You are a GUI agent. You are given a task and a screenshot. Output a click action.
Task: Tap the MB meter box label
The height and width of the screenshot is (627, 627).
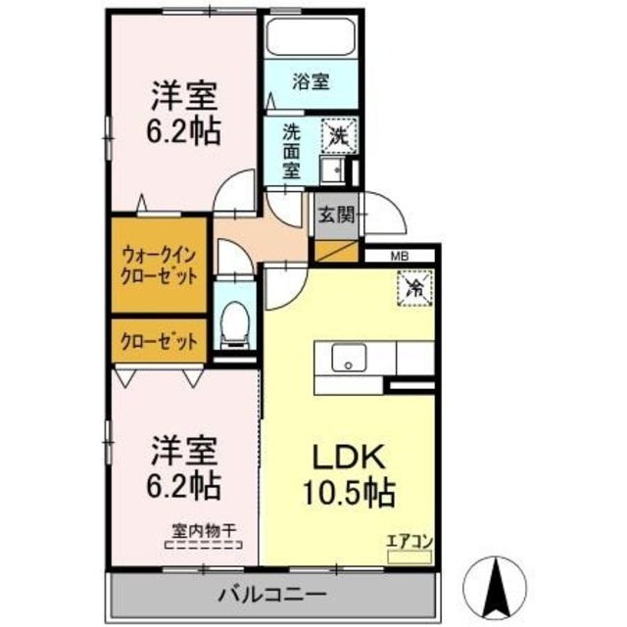[x=400, y=257]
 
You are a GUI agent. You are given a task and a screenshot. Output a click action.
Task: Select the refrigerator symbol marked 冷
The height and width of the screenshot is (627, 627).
[x=413, y=288]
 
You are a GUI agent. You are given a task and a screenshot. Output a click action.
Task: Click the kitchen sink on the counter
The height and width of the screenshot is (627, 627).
[x=347, y=360]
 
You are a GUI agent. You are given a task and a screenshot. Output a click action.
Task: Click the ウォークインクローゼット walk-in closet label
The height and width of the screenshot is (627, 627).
[x=159, y=265]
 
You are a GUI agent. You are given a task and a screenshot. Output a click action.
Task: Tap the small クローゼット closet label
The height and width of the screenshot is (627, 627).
[x=159, y=342]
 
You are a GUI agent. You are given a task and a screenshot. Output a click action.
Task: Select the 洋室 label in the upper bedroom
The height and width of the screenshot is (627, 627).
[x=184, y=98]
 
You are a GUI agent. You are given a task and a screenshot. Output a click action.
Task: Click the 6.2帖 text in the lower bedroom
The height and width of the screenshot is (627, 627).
[x=184, y=484]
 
